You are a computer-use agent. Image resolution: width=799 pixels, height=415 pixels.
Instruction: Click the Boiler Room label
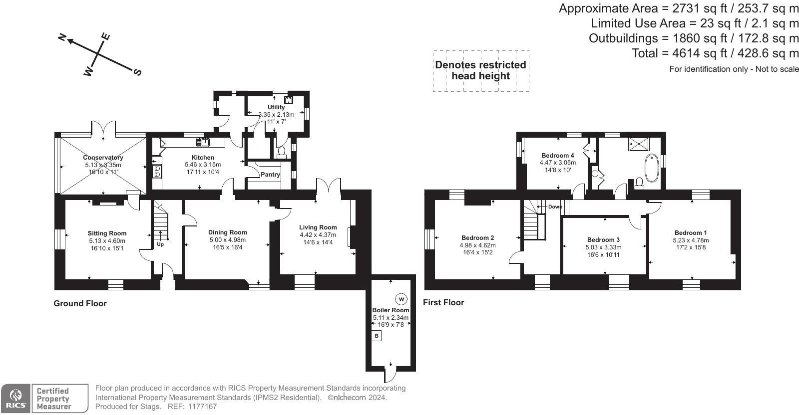pos(391,310)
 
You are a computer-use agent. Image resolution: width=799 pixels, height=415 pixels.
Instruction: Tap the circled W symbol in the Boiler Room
pos(401,299)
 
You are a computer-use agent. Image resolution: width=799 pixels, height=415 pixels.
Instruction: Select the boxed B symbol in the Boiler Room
pos(377,336)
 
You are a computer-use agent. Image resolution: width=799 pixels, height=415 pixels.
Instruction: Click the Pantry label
pos(270,175)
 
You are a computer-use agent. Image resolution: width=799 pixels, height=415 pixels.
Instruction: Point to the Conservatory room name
pos(103,158)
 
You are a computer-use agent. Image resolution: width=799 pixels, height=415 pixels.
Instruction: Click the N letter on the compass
pos(63,37)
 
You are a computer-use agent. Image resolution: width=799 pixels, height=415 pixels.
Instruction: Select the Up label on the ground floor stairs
pos(160,244)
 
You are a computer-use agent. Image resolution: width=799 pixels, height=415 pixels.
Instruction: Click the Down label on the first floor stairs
pos(555,207)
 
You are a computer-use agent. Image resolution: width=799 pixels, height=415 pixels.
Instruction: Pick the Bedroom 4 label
pos(557,156)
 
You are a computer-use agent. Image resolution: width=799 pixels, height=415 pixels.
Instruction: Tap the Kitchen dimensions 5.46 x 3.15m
pos(203,165)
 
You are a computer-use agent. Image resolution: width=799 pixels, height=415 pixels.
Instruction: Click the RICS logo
pos(15,399)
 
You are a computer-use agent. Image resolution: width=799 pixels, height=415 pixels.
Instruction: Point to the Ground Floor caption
pos(80,303)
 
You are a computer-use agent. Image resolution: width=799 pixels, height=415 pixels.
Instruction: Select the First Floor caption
pos(443,302)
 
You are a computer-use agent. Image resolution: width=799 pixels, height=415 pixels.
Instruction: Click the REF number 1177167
pos(203,407)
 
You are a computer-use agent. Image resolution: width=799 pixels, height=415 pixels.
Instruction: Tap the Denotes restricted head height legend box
pos(480,70)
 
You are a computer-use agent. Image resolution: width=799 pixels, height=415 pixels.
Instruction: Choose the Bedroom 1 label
pos(690,233)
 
